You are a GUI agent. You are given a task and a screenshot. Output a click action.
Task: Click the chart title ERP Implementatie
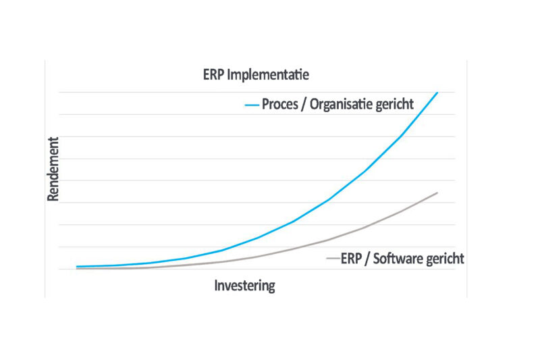(256, 75)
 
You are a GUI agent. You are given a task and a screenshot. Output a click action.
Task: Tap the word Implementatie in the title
(268, 75)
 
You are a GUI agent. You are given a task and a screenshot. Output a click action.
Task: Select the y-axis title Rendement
(53, 169)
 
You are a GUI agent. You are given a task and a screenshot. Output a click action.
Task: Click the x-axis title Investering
(244, 286)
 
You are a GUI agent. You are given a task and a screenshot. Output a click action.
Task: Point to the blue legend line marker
(252, 105)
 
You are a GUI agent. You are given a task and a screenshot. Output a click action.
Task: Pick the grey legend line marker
(333, 259)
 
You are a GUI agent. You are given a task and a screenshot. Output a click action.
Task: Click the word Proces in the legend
(280, 104)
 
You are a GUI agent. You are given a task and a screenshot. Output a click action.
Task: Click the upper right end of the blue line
(437, 93)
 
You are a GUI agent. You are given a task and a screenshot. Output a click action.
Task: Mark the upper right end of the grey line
(437, 192)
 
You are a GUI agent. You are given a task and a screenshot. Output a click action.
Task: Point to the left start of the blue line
(76, 266)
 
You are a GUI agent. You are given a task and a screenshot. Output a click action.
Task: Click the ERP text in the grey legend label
(351, 259)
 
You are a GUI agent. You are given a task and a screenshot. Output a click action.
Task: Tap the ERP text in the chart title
(213, 75)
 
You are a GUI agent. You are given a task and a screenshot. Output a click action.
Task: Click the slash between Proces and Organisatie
(303, 105)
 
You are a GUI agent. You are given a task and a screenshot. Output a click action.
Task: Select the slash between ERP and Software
(367, 259)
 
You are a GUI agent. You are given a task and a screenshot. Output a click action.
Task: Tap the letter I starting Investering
(216, 285)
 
